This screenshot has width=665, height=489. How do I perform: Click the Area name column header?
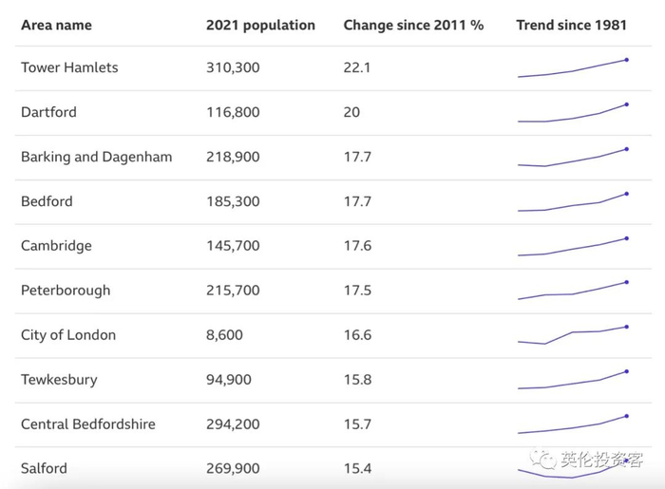pos(56,25)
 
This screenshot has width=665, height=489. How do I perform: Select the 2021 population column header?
pos(260,25)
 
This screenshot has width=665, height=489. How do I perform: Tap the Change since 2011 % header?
pos(413,25)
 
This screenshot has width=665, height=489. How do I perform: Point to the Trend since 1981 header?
pos(571,25)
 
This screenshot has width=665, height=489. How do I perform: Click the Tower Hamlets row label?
pos(69,68)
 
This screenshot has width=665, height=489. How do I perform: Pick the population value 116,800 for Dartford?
pos(233,112)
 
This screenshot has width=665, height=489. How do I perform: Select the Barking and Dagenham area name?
pos(96,157)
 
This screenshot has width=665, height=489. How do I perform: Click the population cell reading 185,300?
pos(233,201)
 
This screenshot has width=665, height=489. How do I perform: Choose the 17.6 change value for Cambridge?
pos(357,246)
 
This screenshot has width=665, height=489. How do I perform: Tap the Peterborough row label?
pos(66,291)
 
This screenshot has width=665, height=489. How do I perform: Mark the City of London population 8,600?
pos(224,335)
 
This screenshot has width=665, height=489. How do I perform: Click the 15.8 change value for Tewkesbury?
pos(357,380)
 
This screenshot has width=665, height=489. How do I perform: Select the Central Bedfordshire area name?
pos(87,424)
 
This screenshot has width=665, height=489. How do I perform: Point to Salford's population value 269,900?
pos(233,468)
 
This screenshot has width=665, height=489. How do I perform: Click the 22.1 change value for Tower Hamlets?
pos(357,68)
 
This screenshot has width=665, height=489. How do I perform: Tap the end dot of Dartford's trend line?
pos(627,104)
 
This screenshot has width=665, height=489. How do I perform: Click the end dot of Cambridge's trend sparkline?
pos(627,238)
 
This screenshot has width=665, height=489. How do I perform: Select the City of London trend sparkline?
pos(572,334)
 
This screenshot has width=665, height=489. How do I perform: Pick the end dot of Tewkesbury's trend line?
pos(627,371)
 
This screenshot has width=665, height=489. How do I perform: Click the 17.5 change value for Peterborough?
pos(357,291)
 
